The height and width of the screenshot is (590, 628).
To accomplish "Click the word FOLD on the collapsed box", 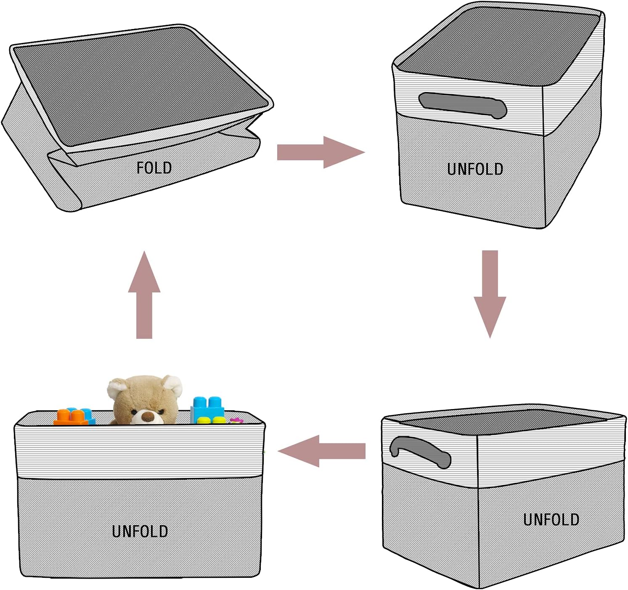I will (x=154, y=168).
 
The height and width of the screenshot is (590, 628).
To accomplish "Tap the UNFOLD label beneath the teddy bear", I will (x=140, y=532).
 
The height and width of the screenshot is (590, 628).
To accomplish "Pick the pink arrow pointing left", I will (x=321, y=451).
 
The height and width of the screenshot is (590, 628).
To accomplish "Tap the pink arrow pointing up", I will (x=144, y=295).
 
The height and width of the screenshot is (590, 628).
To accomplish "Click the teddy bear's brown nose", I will (x=147, y=417).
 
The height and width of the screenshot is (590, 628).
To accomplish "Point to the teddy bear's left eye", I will (x=134, y=412).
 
